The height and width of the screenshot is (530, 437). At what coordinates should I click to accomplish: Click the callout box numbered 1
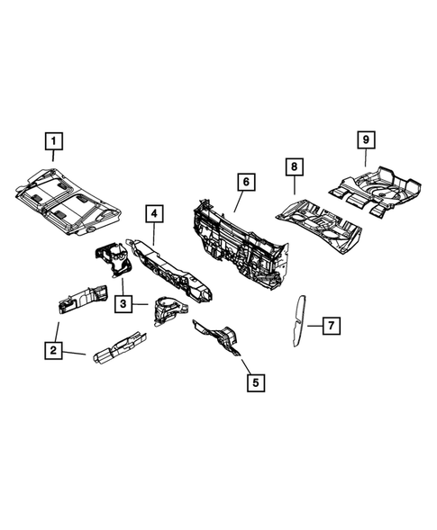54,141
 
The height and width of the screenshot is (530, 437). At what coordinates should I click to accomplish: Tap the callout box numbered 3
124,305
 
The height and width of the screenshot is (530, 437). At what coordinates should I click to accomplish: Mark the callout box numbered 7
330,324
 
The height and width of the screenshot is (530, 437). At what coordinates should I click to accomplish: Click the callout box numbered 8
294,166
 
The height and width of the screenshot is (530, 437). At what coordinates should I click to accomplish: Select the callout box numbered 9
366,140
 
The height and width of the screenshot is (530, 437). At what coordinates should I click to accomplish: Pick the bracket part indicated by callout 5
219,338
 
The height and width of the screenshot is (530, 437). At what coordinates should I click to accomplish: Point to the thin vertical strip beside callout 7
296,319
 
